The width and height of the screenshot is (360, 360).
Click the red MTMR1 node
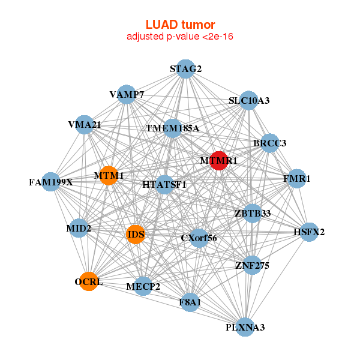[x=219, y=161]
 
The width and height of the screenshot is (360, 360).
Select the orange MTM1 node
[x=109, y=176]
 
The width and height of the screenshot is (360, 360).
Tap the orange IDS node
[x=136, y=235]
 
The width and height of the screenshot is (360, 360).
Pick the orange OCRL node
[x=89, y=281]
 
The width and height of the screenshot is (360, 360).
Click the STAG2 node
[x=185, y=69]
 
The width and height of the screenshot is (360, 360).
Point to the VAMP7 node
[x=126, y=94]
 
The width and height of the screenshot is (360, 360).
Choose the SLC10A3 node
[x=248, y=100]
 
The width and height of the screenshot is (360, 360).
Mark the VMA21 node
[x=85, y=125]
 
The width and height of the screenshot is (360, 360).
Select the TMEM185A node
[x=173, y=128]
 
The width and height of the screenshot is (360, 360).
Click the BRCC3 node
[x=270, y=143]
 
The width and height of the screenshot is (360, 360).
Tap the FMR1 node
[x=297, y=179]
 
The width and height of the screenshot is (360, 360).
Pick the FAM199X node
[x=51, y=182]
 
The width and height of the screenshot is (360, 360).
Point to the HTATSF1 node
[x=164, y=185]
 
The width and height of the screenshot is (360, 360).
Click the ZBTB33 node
[x=253, y=213]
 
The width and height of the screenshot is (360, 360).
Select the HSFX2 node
[x=309, y=232]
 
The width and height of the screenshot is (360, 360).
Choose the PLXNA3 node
[x=245, y=327]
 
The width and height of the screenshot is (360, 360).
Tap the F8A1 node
[x=190, y=302]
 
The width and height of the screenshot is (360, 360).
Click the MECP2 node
[x=143, y=286]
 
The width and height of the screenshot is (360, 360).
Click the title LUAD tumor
[x=180, y=25]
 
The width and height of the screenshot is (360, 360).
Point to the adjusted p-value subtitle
[x=180, y=37]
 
